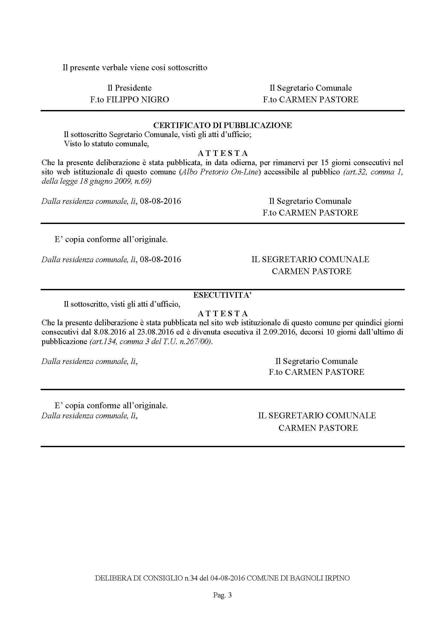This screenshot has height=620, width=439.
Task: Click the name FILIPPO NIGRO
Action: click(137, 100)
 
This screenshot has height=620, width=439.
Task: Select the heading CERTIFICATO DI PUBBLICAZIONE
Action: click(222, 125)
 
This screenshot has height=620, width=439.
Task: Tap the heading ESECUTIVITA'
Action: click(222, 295)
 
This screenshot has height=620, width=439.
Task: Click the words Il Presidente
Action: click(130, 88)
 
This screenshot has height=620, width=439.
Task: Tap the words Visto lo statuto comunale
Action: click(106, 144)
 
